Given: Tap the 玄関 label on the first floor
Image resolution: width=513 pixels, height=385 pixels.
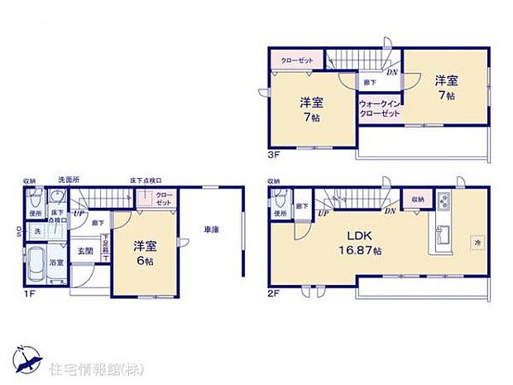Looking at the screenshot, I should point(84,251).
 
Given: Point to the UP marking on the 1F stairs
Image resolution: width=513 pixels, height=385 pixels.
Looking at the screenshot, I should point(78,214).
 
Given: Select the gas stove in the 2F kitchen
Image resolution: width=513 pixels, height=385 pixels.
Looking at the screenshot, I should point(443,200).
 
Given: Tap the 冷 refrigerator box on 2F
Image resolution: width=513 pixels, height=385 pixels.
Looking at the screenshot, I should point(477,243).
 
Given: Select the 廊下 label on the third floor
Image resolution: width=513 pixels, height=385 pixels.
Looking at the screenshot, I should point(369,82).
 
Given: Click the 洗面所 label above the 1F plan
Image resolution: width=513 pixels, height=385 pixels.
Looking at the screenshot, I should point(68,180).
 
